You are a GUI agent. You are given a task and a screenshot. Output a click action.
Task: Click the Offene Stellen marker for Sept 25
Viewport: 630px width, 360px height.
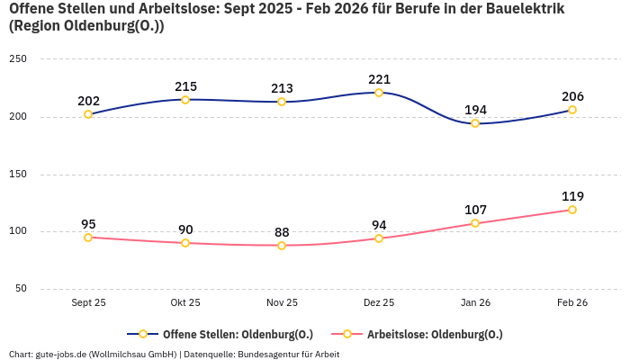[x=88, y=114]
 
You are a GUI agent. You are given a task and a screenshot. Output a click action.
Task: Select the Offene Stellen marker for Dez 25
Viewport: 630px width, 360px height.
[x=379, y=93]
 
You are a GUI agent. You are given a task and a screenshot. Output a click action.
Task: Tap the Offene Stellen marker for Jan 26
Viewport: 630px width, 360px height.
[x=475, y=123]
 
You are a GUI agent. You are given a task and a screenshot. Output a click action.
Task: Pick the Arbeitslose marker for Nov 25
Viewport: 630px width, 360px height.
[x=282, y=246]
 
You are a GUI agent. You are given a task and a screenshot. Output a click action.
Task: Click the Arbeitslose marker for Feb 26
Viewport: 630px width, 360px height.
[x=572, y=210]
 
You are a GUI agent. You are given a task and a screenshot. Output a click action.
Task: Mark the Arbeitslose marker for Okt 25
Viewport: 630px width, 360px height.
[x=185, y=243]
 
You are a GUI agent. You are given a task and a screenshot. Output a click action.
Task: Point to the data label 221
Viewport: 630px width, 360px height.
[x=379, y=79]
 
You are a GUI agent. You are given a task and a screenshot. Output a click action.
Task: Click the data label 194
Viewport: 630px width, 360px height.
[x=475, y=110]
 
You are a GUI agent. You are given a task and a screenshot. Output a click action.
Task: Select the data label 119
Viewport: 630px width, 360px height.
[x=572, y=196]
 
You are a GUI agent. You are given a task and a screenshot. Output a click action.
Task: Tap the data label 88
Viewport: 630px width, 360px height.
[x=282, y=232]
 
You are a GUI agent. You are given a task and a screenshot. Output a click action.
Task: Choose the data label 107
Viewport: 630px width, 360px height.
[x=475, y=210]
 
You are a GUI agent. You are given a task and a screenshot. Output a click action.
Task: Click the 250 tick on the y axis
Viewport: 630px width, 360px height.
[x=18, y=59]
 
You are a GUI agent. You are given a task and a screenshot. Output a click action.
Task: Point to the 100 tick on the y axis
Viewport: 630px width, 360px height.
[x=18, y=231]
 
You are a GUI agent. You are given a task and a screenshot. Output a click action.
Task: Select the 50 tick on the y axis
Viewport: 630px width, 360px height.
[x=21, y=289]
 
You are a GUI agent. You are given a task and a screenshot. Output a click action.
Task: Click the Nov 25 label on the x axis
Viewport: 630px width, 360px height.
[x=282, y=303]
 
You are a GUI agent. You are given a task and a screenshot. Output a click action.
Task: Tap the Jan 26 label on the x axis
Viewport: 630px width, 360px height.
[x=475, y=303]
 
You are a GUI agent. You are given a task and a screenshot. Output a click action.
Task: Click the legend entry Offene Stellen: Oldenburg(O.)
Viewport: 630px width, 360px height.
[x=225, y=334]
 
